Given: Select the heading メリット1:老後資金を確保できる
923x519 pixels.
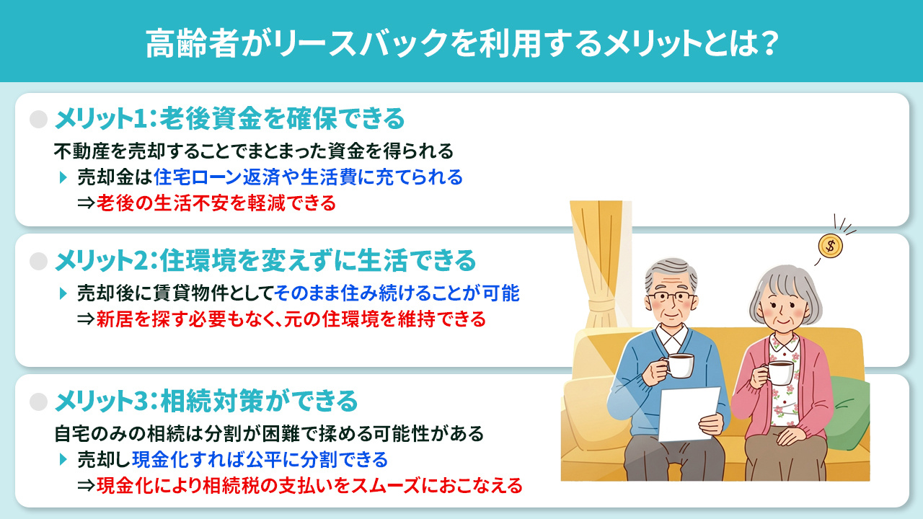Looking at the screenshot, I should click(229, 117).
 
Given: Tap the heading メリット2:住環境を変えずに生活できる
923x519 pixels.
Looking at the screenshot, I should click(265, 259).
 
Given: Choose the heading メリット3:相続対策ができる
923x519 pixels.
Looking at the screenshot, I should click(206, 399).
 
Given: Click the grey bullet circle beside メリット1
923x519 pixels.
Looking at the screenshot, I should click(38, 118).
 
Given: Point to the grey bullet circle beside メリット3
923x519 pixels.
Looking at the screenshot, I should click(38, 399).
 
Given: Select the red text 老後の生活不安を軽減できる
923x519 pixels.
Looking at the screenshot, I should click(216, 203).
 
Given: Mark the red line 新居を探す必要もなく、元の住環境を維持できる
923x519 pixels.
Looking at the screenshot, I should click(291, 319).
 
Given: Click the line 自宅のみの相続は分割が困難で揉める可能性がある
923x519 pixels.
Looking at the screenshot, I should click(268, 434).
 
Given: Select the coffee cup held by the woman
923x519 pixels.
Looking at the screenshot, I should click(780, 372).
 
